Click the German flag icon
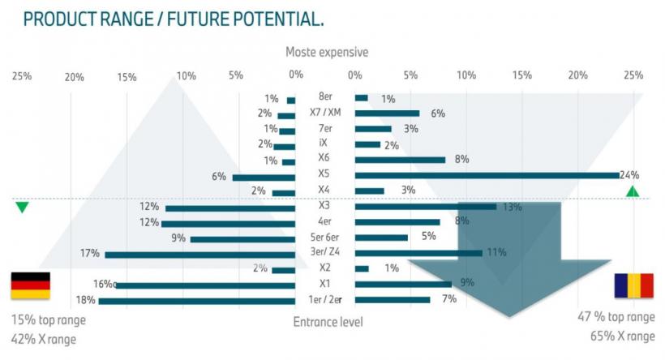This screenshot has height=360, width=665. pos(30,285)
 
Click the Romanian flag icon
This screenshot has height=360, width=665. pos(633,285)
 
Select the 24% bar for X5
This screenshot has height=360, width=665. pos(487,175)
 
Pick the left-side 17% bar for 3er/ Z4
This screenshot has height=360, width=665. pos(200,255)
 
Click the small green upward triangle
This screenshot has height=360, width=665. pos(633,191)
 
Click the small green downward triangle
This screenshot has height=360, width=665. pos(22,208)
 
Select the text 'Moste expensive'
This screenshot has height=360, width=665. pos(326,52)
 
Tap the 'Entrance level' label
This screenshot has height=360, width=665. pos(328,322)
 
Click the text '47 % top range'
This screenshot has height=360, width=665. pos(616,317)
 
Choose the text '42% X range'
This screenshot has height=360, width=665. pos(44,339)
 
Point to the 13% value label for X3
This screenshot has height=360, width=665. pos(512,207)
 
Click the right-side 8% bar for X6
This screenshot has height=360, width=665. pos(401,160)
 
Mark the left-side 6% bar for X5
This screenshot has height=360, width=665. pos(264,177)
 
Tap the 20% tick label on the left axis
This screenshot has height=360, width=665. pos(74,76)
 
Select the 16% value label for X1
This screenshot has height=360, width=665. pos(103,284)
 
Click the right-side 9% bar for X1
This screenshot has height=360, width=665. pos(403,285)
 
